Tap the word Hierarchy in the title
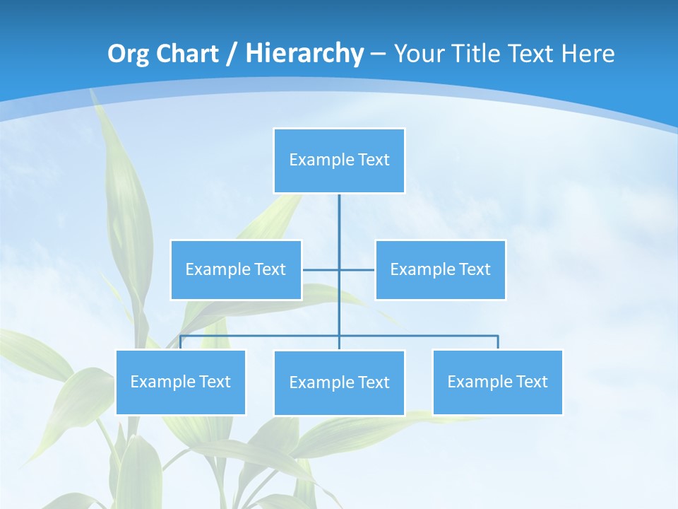click(304, 54)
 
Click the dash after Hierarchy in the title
click(378, 54)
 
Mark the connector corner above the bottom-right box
click(497, 337)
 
